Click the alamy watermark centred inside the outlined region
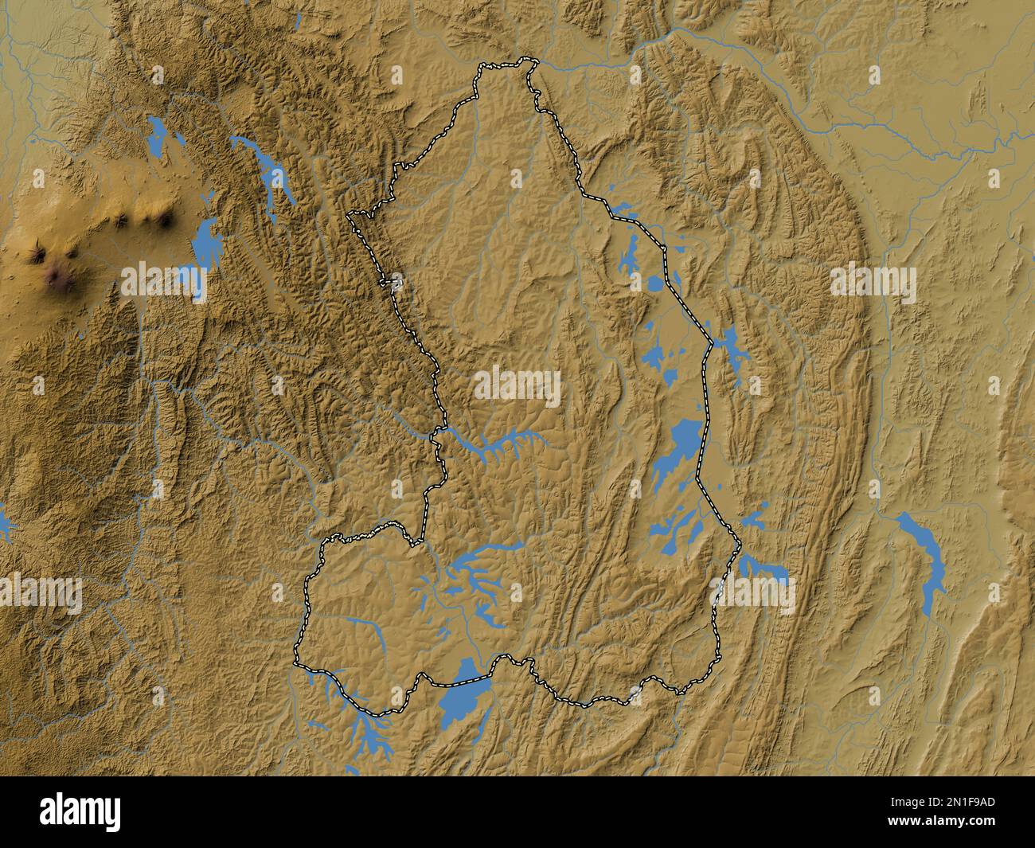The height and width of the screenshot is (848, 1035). pyautogui.click(x=517, y=388)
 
